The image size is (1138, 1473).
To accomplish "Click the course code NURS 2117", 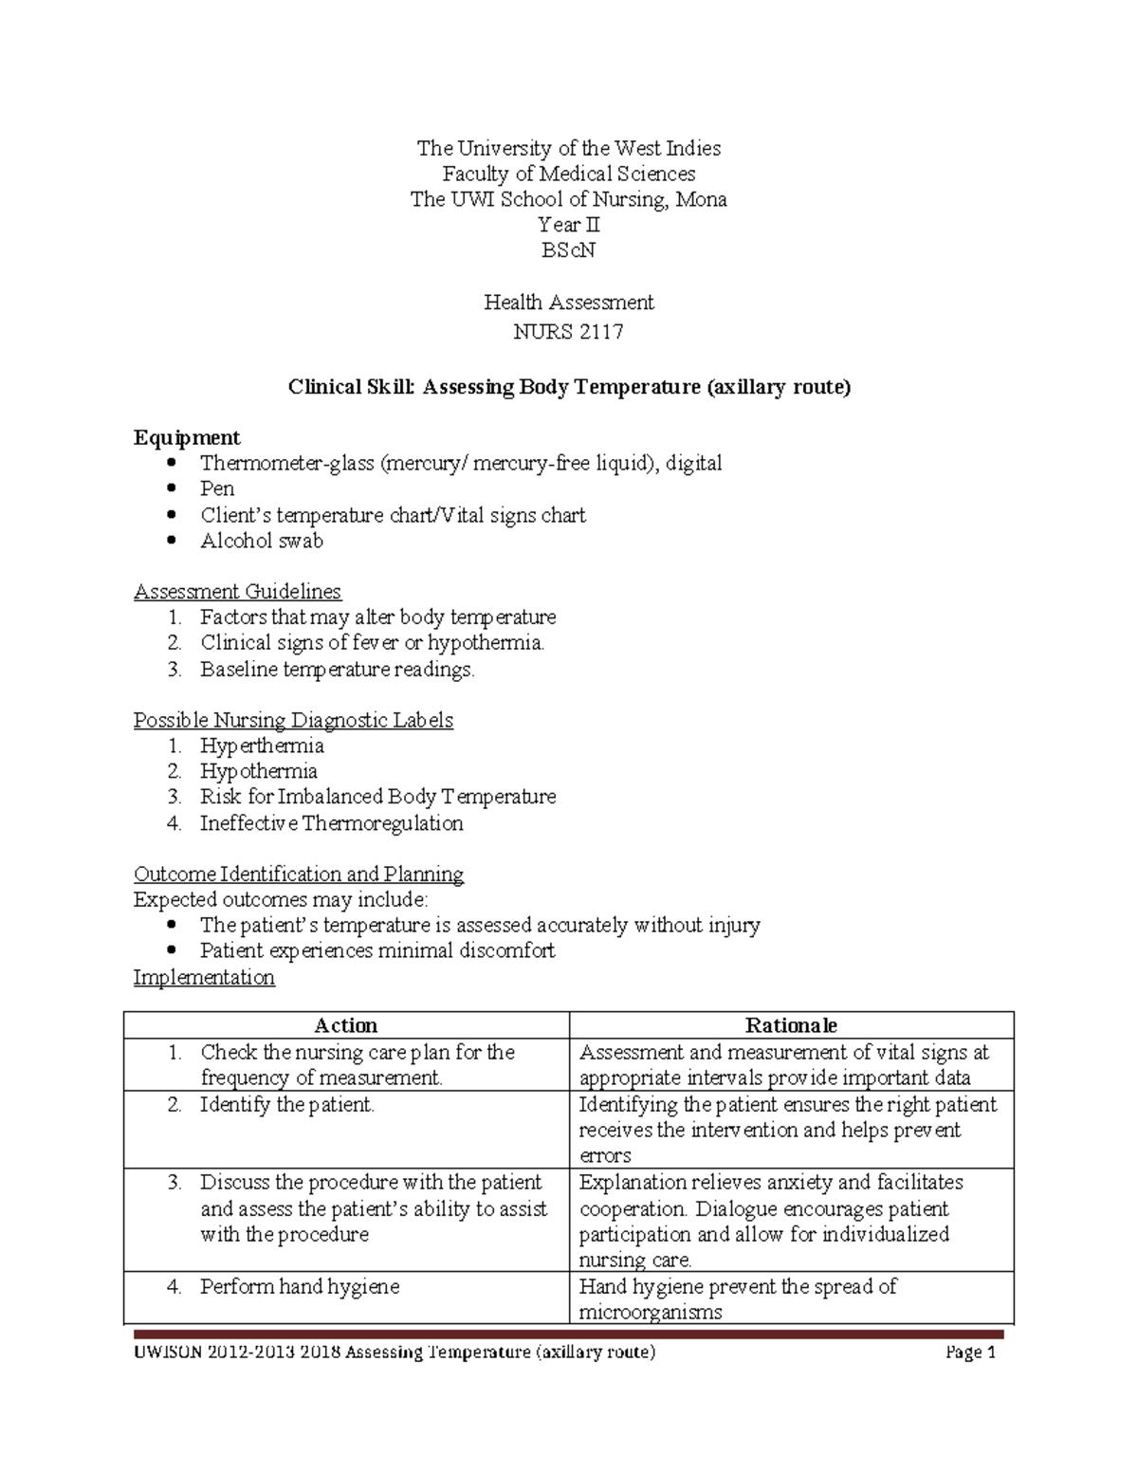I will coord(568,331).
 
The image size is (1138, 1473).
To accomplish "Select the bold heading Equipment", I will coord(187,437).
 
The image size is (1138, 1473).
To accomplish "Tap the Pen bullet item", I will coord(217,488).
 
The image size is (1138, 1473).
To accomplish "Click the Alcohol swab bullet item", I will coord(262,541).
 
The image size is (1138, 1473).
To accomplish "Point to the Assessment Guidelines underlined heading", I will coord(237,592).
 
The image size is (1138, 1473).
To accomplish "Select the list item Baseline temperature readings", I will coord(337,670).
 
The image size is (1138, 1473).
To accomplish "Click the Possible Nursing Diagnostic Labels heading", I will coord(293,721).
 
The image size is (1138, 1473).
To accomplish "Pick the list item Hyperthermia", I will coord(262,746).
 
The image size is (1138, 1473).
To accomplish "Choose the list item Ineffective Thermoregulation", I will coord(331,823).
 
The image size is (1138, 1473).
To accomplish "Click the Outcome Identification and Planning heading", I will coord(299,875).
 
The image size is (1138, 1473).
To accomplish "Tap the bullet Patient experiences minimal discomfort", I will coord(377,951).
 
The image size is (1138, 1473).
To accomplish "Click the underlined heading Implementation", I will coord(204,978).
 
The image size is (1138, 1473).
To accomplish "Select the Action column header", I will coord(346,1025).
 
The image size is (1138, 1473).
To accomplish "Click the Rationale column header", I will coord(791,1025).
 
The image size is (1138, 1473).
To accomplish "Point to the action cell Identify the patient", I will coord(287,1105).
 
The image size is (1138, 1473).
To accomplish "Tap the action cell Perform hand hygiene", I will coord(300,1287).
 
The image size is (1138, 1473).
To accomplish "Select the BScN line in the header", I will coord(568,250).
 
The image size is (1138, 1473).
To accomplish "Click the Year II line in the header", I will coord(568,225).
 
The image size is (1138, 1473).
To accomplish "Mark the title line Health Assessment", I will coord(568,303).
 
